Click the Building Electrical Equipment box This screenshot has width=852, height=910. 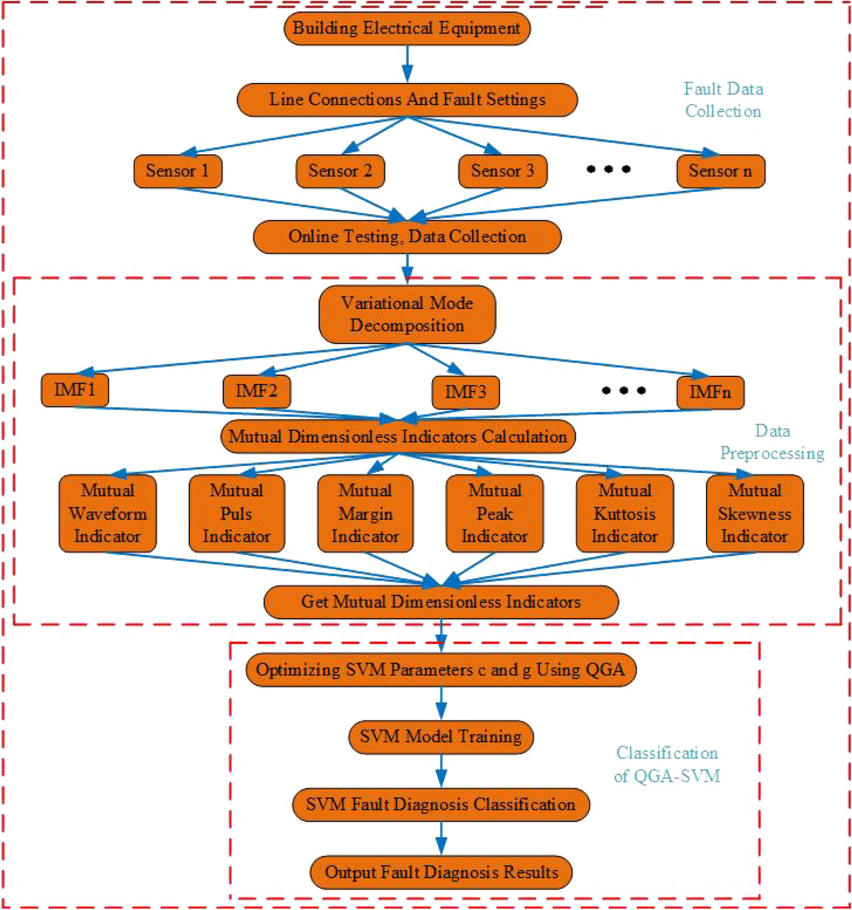407,28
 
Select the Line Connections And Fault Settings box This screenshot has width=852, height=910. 407,100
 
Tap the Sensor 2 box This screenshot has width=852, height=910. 340,171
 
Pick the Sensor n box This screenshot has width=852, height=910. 720,171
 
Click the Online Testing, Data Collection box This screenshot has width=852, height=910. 407,237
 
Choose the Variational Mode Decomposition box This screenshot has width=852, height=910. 407,314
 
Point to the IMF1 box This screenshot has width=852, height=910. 74,390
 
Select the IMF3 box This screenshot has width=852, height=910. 465,392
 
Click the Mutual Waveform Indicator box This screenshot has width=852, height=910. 107,513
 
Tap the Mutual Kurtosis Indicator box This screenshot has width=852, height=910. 624,513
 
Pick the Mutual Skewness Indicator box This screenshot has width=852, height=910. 754,513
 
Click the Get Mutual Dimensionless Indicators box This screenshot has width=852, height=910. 440,601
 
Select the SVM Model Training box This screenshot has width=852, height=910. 440,737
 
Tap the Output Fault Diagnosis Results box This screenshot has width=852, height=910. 440,872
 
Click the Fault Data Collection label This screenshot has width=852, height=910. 723,100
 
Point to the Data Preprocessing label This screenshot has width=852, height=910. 771,442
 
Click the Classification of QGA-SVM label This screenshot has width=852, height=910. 666,764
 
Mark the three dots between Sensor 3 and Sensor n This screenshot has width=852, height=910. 608,169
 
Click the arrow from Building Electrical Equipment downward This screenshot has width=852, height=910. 407,63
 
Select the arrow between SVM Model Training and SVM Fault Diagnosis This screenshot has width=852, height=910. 441,770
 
